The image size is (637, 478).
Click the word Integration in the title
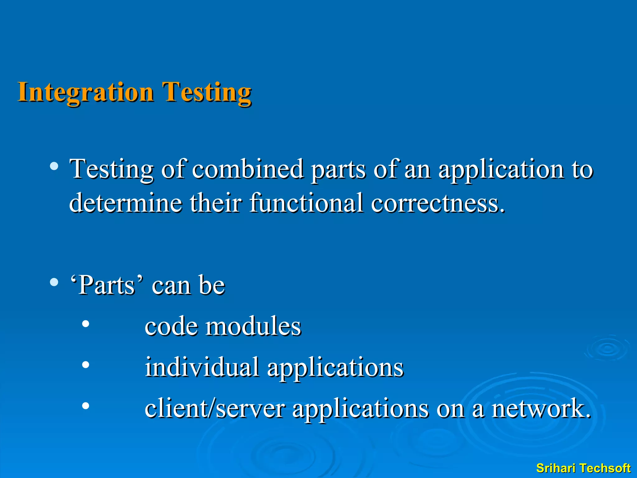click(86, 92)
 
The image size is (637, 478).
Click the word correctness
click(438, 203)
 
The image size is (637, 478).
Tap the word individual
click(202, 367)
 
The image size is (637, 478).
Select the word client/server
click(215, 408)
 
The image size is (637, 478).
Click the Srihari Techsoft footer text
click(583, 468)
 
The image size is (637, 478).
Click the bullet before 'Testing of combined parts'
click(54, 166)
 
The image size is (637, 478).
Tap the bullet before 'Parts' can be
click(54, 282)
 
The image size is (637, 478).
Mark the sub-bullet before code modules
click(86, 324)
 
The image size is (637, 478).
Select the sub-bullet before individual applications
click(86, 365)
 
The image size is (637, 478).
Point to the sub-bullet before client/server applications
click(86, 406)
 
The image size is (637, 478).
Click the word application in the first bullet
click(501, 170)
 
